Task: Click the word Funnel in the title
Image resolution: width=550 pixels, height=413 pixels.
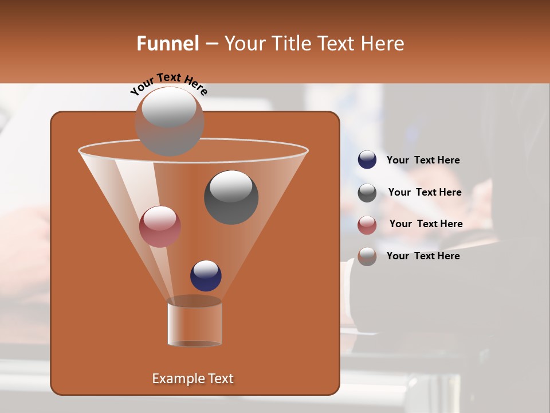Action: pos(167,44)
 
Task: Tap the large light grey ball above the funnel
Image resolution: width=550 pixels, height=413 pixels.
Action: pos(169,122)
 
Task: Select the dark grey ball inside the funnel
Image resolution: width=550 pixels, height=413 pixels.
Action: pos(231,198)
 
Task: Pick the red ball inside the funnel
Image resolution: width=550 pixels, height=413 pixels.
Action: pos(160,227)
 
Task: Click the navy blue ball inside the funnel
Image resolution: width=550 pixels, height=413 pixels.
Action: pos(206,276)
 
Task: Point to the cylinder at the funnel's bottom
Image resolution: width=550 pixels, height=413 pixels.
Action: pos(194,324)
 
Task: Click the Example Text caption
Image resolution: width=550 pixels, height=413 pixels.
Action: pos(192,379)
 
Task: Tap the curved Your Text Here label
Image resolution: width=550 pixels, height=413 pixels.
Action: pos(168,83)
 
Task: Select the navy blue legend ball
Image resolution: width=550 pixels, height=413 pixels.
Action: pos(367,160)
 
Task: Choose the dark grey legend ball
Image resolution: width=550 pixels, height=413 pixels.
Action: pos(367,193)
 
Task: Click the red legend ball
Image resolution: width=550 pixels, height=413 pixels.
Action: pos(367,225)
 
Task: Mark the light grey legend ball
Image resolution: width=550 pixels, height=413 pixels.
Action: pos(367,256)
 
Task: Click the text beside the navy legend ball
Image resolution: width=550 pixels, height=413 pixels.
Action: pos(423,161)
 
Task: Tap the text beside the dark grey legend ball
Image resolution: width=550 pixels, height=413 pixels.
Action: pos(425,192)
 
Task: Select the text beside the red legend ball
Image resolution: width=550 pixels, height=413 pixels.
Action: pos(426,224)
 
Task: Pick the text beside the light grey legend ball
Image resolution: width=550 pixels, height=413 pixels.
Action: pos(423,256)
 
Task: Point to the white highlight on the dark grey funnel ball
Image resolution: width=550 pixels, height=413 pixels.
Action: pos(231,186)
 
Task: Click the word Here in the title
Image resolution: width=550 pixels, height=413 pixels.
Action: pos(383,44)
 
